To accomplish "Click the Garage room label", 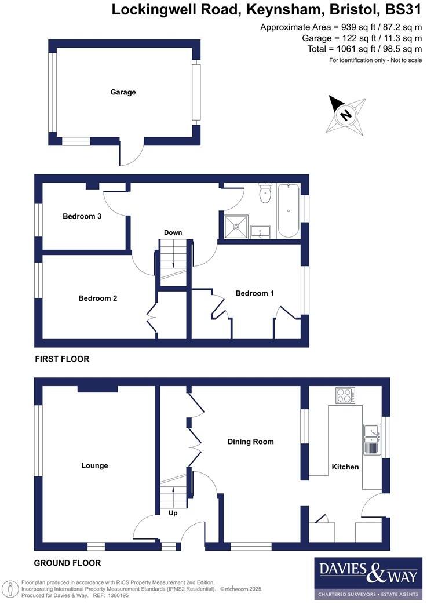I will click(x=123, y=92).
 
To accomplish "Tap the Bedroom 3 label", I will click(x=82, y=216).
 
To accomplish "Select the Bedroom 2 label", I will click(x=98, y=298).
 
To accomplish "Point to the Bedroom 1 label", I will click(x=254, y=293).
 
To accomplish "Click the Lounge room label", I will click(x=94, y=465).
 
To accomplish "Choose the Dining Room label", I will click(x=250, y=442).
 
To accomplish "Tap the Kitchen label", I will click(x=345, y=467).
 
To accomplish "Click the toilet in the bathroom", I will click(x=265, y=194).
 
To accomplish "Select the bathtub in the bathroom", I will click(x=288, y=211).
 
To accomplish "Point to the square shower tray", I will click(x=236, y=227).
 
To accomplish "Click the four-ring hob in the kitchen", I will click(x=345, y=396).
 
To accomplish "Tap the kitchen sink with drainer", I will click(x=370, y=439).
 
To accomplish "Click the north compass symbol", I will click(x=346, y=114).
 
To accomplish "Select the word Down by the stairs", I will click(x=173, y=232).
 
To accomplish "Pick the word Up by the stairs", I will click(x=173, y=513).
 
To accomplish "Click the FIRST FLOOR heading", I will click(x=62, y=359).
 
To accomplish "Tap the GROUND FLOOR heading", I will click(x=67, y=563).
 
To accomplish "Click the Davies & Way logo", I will click(x=368, y=578).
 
